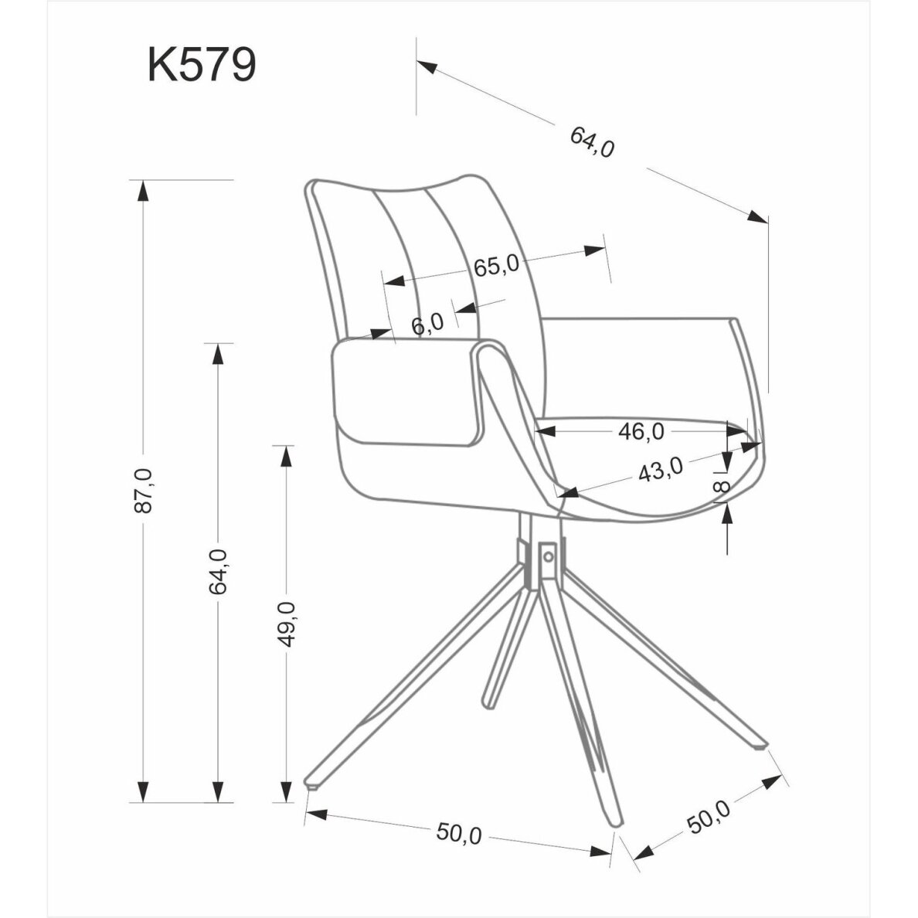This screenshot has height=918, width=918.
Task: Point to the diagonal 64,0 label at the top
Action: point(593,142)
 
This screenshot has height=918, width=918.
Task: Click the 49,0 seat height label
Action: point(287,623)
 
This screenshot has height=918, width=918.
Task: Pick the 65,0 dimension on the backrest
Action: point(495,267)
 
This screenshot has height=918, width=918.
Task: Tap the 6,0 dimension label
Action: point(427,323)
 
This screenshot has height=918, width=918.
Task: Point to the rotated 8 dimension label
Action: point(721,486)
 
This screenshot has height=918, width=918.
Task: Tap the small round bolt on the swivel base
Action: point(548,555)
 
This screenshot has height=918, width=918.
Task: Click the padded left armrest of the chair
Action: point(406,393)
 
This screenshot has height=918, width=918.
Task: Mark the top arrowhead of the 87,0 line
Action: point(141,190)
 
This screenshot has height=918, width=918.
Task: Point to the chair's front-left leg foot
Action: point(313,786)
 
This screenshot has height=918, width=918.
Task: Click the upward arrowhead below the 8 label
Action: point(728,513)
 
